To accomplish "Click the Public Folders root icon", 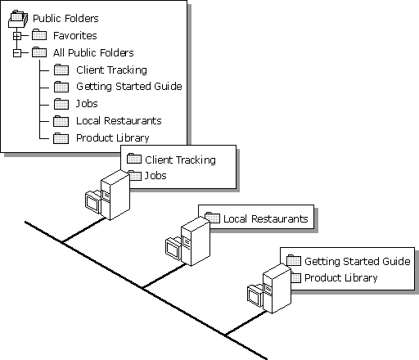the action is (x=18, y=19).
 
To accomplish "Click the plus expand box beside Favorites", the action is (x=17, y=36).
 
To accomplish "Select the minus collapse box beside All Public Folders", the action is (x=17, y=53).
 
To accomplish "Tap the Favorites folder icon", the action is (x=39, y=35).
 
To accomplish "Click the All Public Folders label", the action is (x=93, y=52).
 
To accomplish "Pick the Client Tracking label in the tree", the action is (x=111, y=70).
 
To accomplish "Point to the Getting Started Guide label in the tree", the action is (x=129, y=87).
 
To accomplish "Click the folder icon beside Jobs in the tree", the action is (x=61, y=104).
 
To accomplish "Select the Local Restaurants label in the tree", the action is (x=119, y=121).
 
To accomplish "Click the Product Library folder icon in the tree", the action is (x=61, y=138).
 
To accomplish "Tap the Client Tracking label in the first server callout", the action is (x=180, y=160).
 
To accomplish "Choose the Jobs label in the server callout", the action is (x=155, y=176).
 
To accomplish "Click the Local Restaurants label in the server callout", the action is (x=266, y=218).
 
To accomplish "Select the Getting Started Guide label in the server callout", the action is (x=358, y=261).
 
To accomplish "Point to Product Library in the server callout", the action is (x=341, y=278).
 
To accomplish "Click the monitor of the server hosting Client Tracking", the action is (x=92, y=201).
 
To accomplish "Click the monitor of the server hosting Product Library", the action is (x=255, y=295).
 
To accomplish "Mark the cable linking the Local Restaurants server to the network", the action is (x=164, y=276).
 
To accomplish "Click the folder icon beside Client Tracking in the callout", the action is (x=134, y=159).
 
